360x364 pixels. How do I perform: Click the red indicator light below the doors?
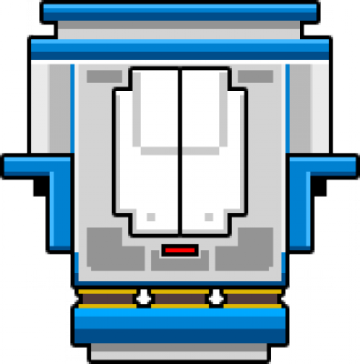179,248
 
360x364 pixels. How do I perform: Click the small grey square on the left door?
150,217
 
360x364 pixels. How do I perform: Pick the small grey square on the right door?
208,217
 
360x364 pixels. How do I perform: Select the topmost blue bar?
179,11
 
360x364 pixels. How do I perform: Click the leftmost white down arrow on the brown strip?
144,298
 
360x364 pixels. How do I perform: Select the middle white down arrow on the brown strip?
215,298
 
